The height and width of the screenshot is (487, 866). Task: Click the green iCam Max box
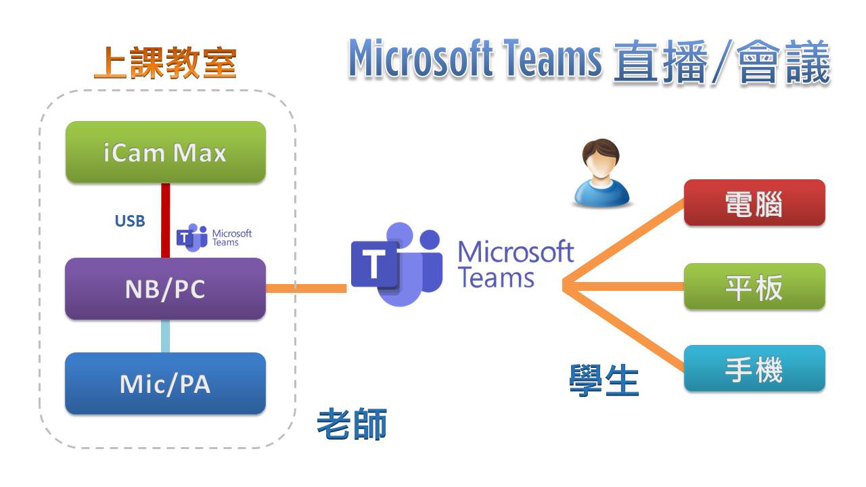165,152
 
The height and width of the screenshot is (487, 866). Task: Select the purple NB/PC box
165,289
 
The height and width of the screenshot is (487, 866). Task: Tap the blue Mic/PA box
165,384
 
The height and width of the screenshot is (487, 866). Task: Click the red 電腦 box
754,203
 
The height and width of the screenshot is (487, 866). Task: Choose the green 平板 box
754,287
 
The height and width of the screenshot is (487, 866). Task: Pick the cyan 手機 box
754,369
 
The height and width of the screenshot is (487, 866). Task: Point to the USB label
130,221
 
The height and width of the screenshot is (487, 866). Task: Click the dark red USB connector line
165,220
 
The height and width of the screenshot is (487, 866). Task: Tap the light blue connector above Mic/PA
165,336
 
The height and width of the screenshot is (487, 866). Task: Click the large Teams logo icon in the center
396,264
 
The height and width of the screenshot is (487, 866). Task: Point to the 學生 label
604,380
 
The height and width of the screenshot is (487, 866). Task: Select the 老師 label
352,425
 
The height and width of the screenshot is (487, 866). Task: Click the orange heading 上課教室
165,64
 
